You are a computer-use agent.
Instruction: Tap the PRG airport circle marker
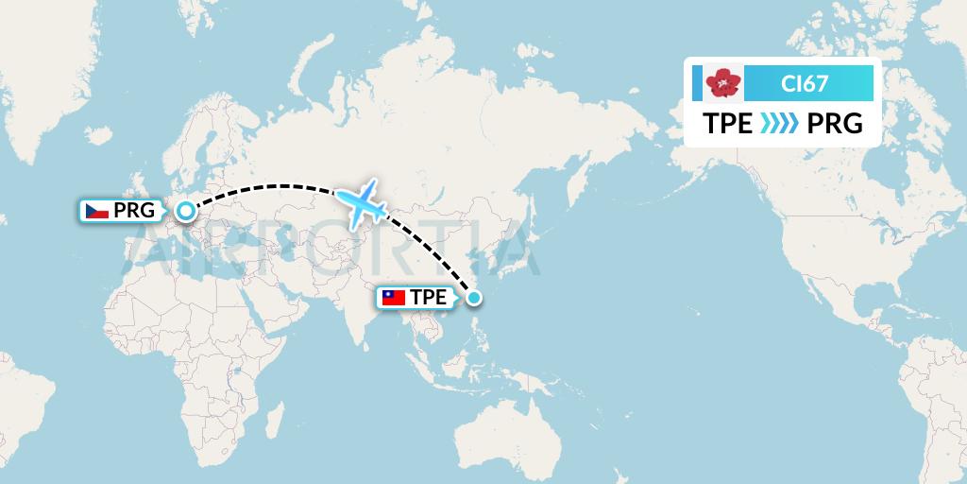pyautogui.click(x=187, y=211)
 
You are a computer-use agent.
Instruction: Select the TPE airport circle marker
pyautogui.click(x=474, y=298)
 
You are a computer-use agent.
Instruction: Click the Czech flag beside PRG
pyautogui.click(x=97, y=211)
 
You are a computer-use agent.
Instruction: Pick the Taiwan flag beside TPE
pyautogui.click(x=393, y=298)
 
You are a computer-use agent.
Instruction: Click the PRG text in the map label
pyautogui.click(x=133, y=211)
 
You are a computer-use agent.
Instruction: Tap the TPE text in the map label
pyautogui.click(x=429, y=298)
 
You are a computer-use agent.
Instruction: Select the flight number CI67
pyautogui.click(x=805, y=84)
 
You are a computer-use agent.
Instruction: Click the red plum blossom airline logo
pyautogui.click(x=724, y=84)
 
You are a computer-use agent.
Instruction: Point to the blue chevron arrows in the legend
pyautogui.click(x=779, y=124)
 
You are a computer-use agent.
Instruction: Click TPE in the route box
pyautogui.click(x=728, y=124)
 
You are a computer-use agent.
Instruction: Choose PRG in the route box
pyautogui.click(x=836, y=124)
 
